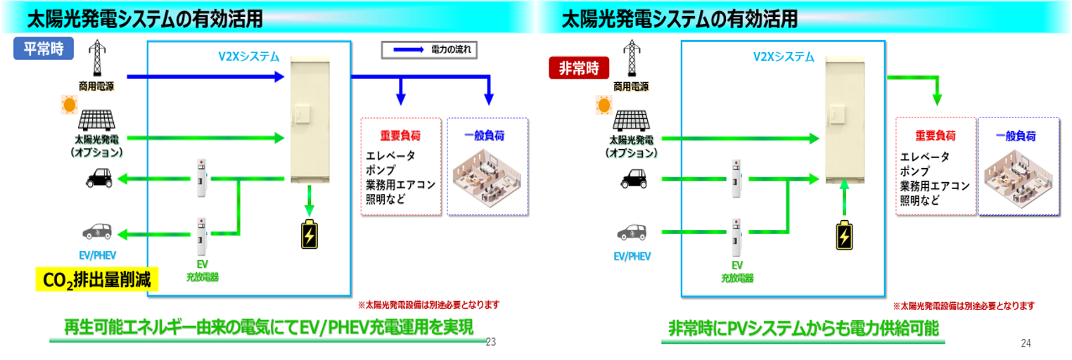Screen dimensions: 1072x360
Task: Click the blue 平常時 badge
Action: (x=44, y=49)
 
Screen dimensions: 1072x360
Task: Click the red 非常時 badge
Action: (x=579, y=68)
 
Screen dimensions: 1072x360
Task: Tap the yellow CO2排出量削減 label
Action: (x=96, y=280)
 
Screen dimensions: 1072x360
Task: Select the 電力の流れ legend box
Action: (x=429, y=50)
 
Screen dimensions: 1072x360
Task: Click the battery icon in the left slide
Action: (x=310, y=234)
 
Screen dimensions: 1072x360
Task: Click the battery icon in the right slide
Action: (x=844, y=236)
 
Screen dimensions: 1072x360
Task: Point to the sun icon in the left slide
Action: (x=70, y=104)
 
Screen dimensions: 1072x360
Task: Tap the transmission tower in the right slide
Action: (x=632, y=58)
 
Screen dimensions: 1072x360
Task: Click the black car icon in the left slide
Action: (x=99, y=179)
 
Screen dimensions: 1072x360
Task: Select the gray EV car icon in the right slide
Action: (x=632, y=233)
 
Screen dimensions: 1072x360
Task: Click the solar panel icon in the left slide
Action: (x=96, y=120)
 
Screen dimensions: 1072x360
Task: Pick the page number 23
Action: (x=490, y=342)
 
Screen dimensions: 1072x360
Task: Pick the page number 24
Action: (x=1026, y=343)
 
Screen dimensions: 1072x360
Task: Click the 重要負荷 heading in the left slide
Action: (x=400, y=136)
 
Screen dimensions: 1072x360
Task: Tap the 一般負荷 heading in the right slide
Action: (x=1016, y=136)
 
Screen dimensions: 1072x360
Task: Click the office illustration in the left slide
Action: (x=487, y=177)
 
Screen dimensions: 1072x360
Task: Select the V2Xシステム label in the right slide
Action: (x=784, y=57)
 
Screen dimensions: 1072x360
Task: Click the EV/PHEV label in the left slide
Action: (x=98, y=255)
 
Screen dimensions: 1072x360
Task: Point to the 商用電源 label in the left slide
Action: (x=96, y=86)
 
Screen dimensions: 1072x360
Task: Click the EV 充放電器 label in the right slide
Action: (x=737, y=271)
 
